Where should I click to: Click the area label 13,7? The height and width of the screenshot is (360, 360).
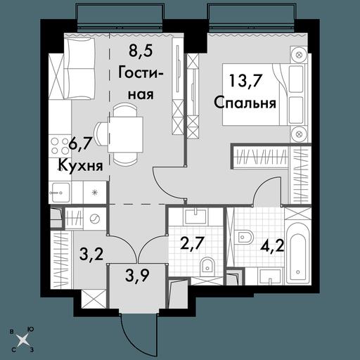(x=245, y=82)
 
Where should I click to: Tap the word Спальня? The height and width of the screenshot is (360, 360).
(x=245, y=103)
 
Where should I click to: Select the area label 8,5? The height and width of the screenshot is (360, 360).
(x=141, y=51)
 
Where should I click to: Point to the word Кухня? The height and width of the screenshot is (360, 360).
(x=80, y=166)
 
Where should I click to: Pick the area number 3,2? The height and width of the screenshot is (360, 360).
(x=91, y=254)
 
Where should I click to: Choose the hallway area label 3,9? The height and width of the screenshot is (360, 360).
(x=137, y=276)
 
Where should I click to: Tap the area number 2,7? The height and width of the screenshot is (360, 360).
(x=192, y=244)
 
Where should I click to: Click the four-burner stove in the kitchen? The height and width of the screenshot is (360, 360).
(x=60, y=146)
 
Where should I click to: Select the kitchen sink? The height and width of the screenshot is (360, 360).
(x=60, y=192)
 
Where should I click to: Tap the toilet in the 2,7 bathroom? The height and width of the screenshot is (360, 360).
(x=207, y=266)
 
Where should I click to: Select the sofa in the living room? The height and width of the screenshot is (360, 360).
(x=79, y=68)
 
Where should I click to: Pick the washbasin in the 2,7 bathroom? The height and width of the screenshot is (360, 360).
(x=195, y=217)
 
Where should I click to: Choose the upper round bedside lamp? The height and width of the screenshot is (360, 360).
(x=299, y=55)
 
